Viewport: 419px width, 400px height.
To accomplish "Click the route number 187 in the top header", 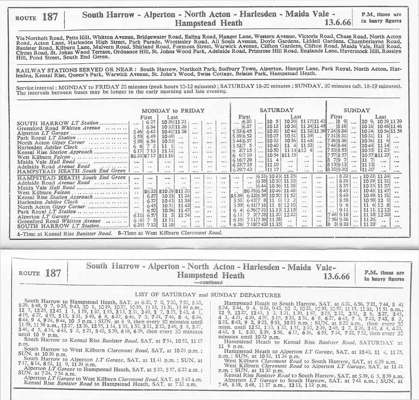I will (50, 17).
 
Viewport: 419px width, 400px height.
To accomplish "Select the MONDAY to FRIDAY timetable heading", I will (173, 110).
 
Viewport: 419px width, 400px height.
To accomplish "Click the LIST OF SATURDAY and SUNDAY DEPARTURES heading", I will (209, 294).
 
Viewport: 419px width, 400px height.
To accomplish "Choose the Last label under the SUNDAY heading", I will (380, 117).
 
